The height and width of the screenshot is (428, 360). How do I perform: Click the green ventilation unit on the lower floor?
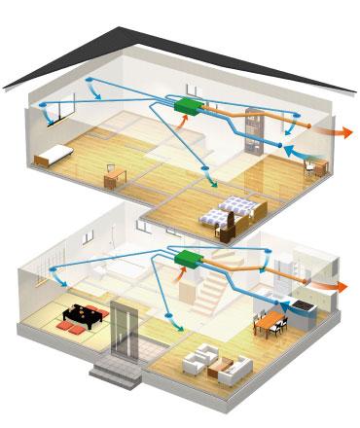point(186,258)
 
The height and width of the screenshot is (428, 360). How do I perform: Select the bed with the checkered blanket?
point(237,209)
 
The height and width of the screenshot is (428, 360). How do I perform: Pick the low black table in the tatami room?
point(79,314)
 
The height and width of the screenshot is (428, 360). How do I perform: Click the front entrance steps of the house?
point(112,370)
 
